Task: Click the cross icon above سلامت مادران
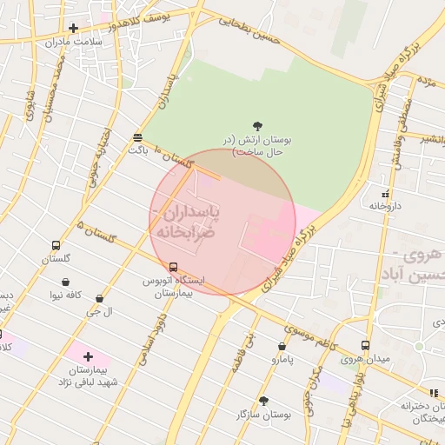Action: (74, 28)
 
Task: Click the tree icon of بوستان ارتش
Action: (258, 126)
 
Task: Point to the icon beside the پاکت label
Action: (137, 136)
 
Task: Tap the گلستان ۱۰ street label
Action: (171, 159)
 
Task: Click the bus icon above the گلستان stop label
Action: (56, 246)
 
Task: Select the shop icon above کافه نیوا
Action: (66, 282)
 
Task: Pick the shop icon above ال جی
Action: (101, 297)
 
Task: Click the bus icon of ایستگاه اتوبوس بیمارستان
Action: (174, 267)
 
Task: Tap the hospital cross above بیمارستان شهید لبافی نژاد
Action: (88, 356)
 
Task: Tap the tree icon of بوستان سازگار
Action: (263, 400)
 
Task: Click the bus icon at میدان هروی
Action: (365, 345)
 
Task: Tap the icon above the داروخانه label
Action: (385, 193)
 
